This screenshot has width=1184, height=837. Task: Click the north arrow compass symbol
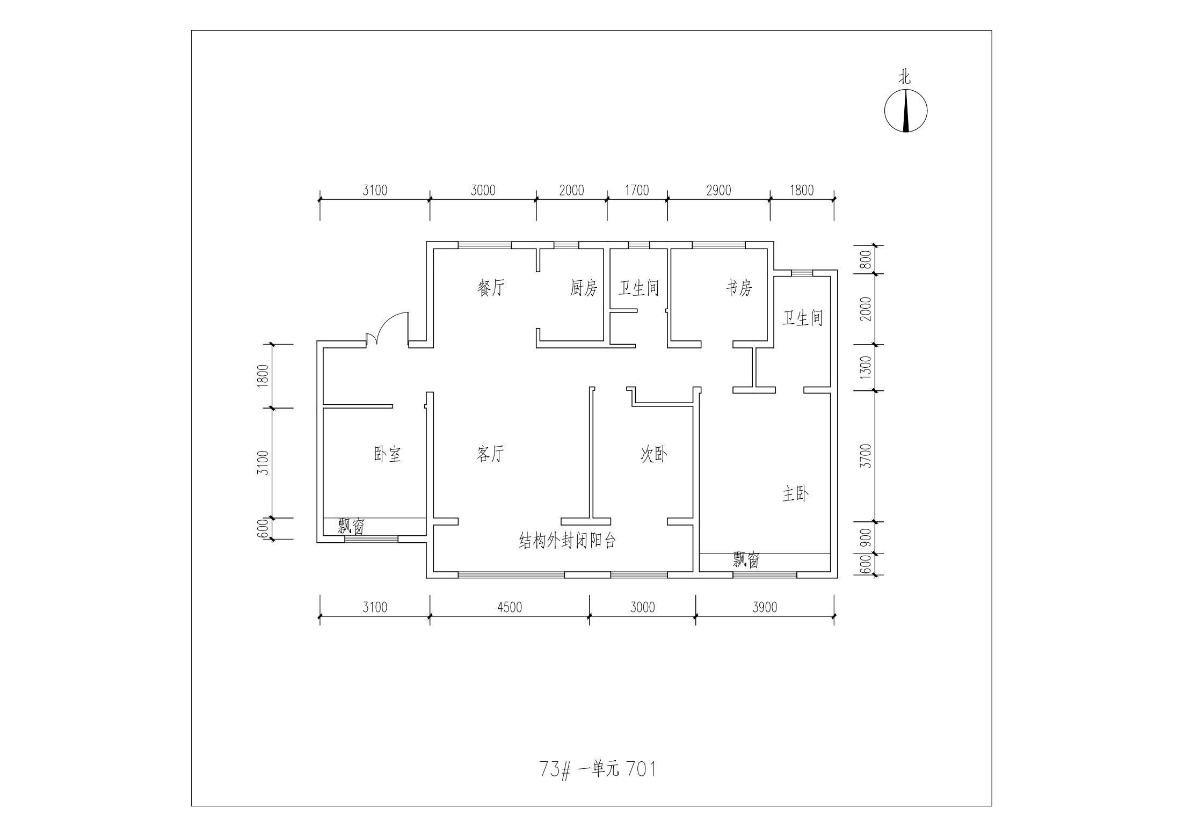pos(906,111)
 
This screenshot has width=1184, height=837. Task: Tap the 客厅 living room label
pos(490,454)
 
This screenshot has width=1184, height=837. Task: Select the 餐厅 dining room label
pos(491,288)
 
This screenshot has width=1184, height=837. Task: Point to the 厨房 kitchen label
pos(584,288)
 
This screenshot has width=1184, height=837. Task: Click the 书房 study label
pos(739,288)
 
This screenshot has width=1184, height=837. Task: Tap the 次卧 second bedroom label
pos(654,455)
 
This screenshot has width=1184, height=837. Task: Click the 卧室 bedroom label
pos(387,454)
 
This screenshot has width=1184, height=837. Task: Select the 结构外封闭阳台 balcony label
pos(567,540)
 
